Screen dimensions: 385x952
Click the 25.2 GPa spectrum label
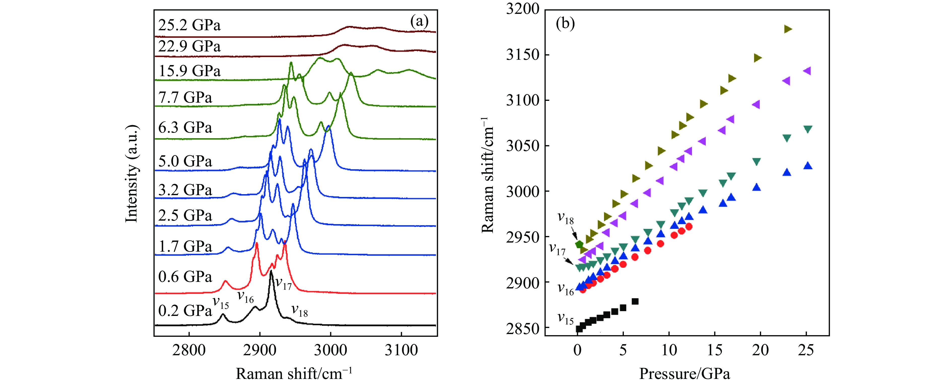coord(189,25)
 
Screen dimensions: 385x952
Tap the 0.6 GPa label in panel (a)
coord(185,277)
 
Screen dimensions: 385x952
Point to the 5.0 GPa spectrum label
coord(185,161)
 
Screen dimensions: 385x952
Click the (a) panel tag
coord(419,21)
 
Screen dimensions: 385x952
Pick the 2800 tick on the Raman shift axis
coord(189,350)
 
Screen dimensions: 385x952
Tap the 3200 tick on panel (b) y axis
coord(523,9)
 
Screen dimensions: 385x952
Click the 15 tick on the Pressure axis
coord(715,350)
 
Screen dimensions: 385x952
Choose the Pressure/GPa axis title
coord(685,374)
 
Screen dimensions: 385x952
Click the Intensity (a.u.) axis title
coord(131,174)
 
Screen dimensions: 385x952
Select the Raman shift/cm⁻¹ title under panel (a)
coord(294,374)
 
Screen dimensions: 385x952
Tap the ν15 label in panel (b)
coord(565,318)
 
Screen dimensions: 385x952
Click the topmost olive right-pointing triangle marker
coord(788,29)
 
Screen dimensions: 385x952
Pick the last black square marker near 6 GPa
coord(635,301)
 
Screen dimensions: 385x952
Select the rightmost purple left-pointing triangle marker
coord(807,71)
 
